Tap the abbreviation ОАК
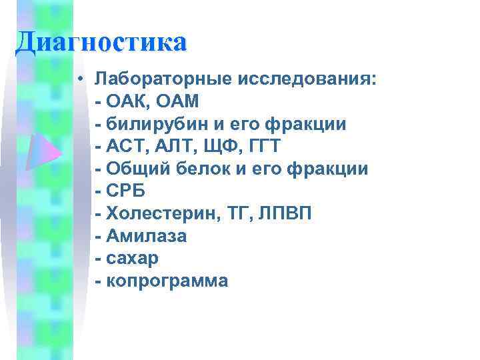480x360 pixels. click(x=125, y=101)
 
